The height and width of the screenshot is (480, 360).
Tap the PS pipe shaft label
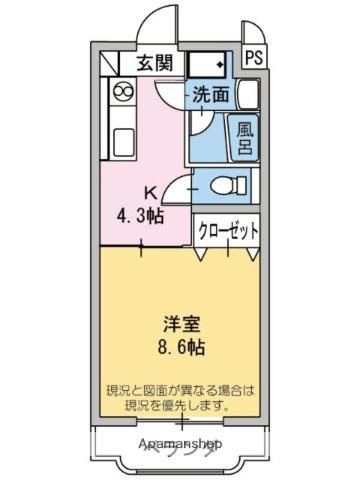coord(254,58)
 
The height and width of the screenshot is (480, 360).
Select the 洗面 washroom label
coord(210,97)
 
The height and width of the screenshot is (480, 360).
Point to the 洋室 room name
coord(181,326)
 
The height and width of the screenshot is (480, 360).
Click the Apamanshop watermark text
coord(180,442)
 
